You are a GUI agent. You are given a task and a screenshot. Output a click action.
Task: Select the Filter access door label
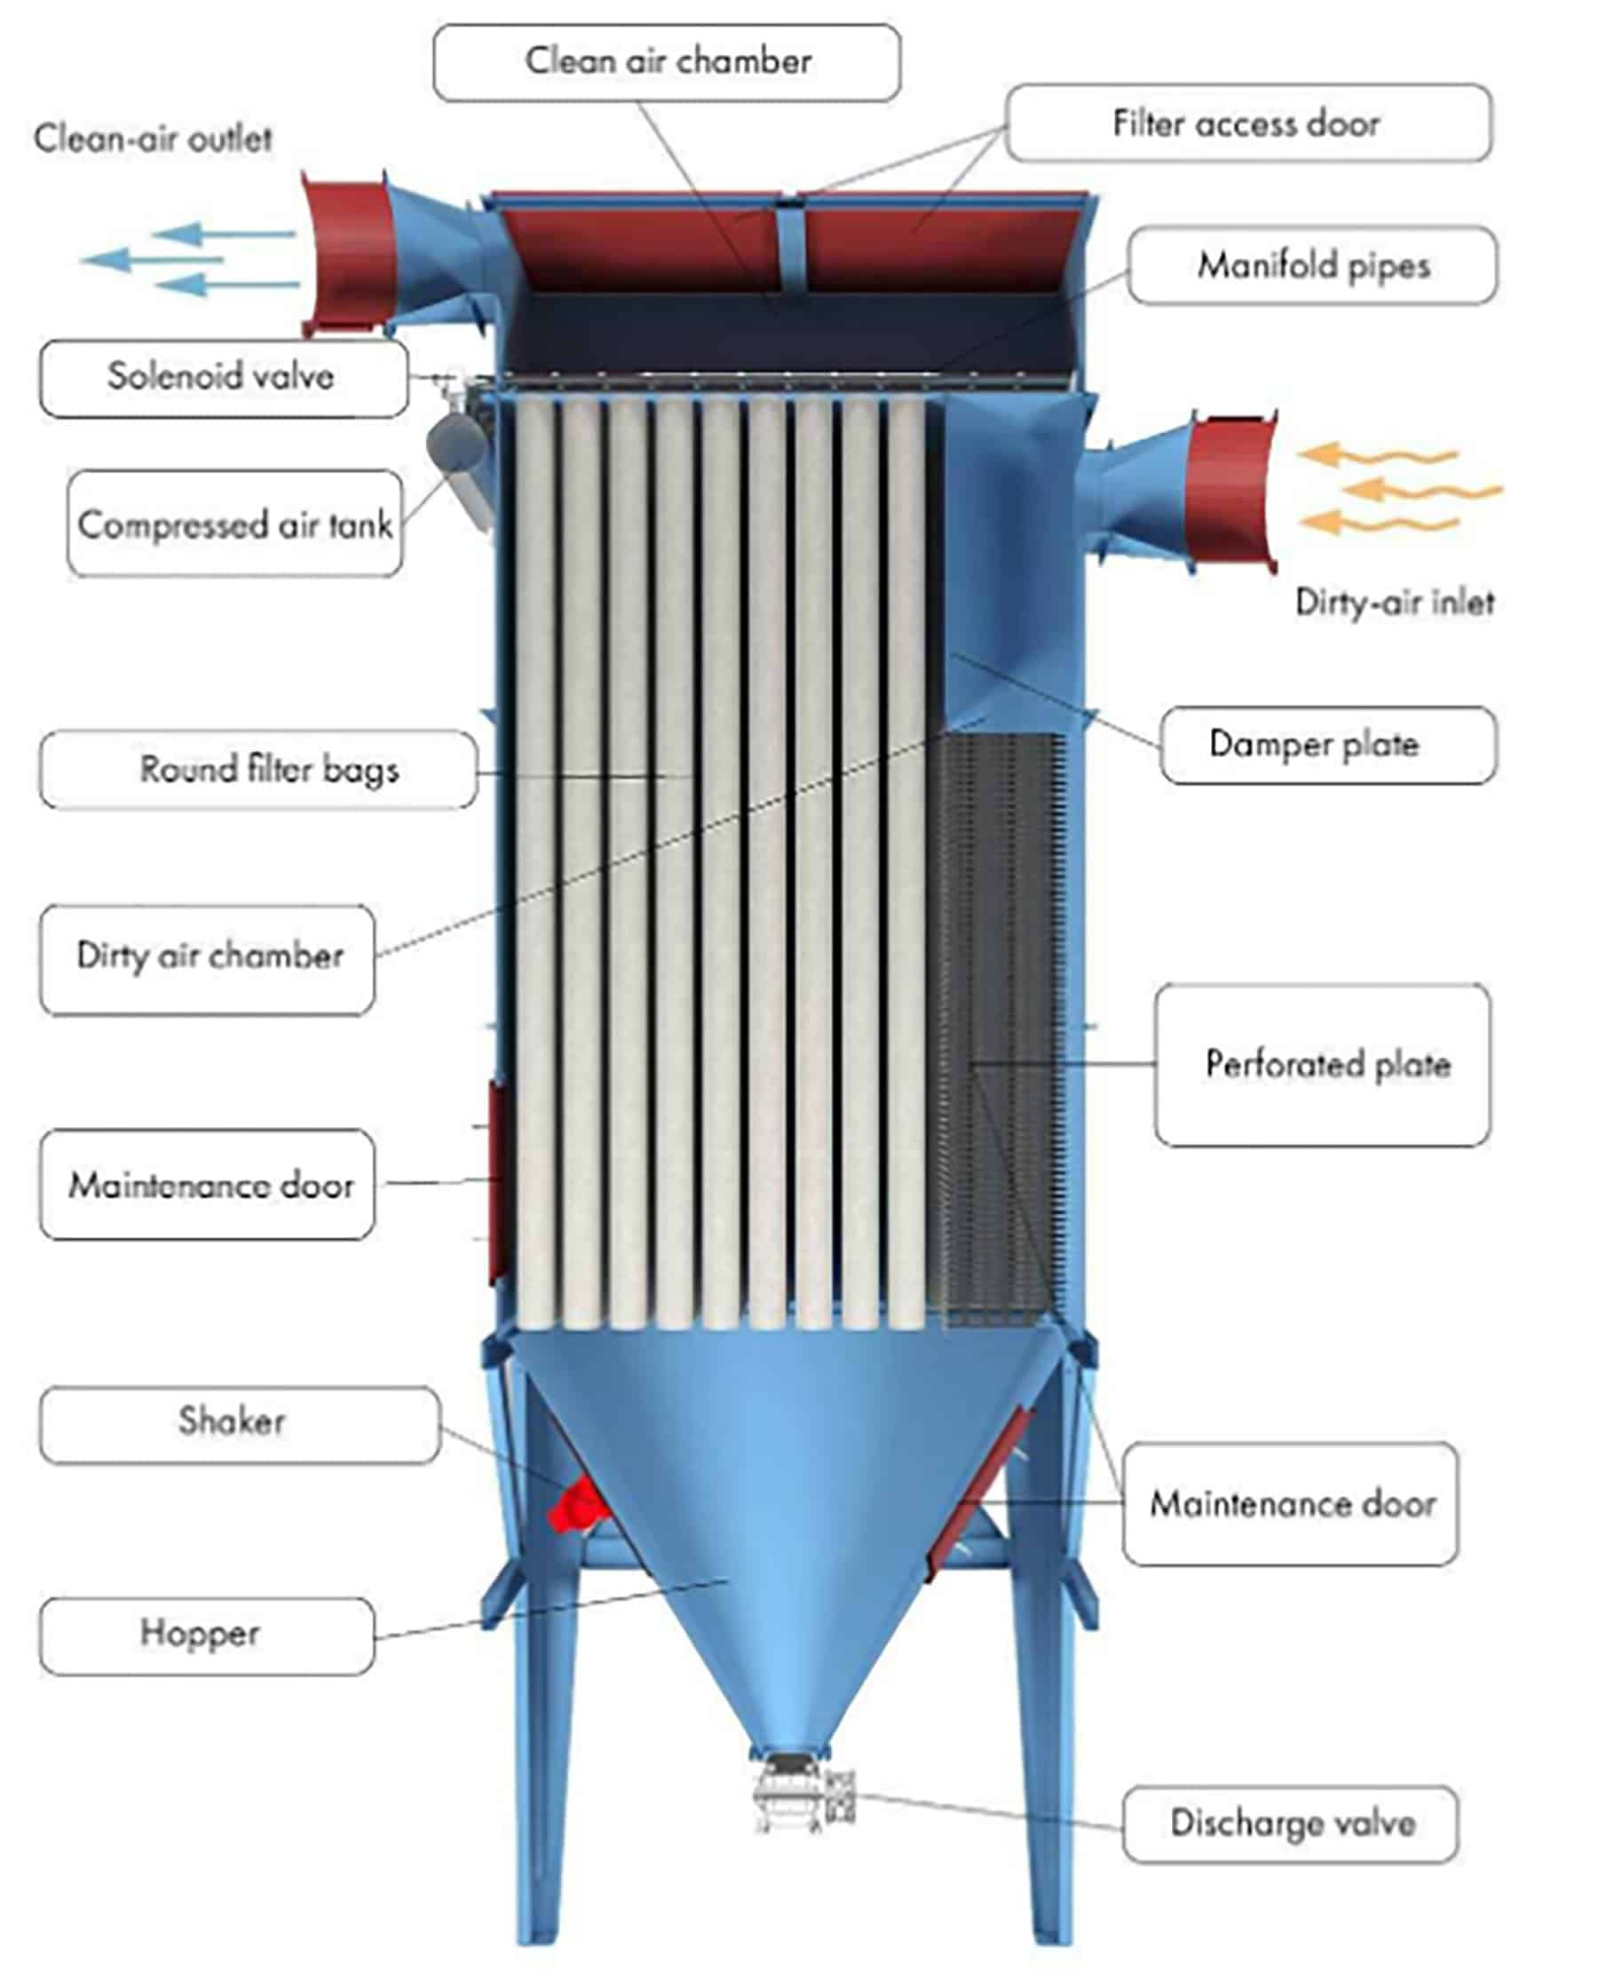[1248, 123]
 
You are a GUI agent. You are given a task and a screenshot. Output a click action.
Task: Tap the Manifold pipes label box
[1313, 265]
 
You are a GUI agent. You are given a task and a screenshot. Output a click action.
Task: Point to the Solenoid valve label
[223, 378]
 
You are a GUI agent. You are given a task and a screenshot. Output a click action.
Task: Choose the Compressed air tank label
[234, 524]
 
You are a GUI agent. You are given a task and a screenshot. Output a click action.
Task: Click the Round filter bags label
[258, 769]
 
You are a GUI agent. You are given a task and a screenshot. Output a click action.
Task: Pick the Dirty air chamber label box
[207, 959]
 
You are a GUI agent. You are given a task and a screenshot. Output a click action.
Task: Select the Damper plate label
[1328, 745]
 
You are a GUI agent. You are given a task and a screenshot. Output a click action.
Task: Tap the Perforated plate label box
[1323, 1065]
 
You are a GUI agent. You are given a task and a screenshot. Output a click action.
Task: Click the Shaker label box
[240, 1424]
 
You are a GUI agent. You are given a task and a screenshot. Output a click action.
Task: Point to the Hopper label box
[207, 1635]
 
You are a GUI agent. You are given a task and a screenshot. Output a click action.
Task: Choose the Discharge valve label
[1291, 1824]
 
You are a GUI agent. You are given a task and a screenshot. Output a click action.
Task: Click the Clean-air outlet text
[153, 139]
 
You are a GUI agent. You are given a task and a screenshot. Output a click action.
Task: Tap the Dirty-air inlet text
[1394, 603]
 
